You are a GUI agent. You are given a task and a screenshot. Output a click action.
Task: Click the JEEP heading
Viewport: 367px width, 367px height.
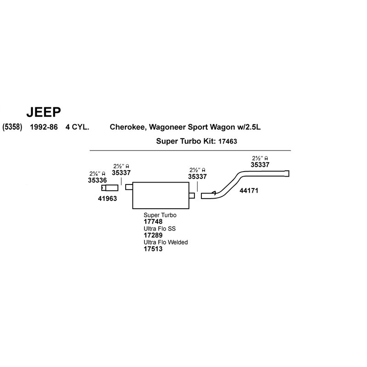pyautogui.click(x=44, y=112)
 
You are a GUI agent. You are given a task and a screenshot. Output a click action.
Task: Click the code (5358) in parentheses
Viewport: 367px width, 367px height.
pyautogui.click(x=12, y=127)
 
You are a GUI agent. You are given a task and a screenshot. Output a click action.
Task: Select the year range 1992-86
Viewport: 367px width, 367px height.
pyautogui.click(x=44, y=127)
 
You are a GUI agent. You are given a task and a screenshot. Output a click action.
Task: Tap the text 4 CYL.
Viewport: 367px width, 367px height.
pyautogui.click(x=77, y=127)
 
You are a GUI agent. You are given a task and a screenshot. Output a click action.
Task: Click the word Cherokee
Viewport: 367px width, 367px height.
pyautogui.click(x=128, y=127)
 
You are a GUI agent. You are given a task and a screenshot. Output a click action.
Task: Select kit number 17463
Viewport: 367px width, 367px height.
pyautogui.click(x=228, y=141)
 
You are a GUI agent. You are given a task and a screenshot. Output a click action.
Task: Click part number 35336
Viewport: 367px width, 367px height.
pyautogui.click(x=97, y=180)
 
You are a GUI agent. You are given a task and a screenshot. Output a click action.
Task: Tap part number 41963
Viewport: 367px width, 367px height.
pyautogui.click(x=107, y=199)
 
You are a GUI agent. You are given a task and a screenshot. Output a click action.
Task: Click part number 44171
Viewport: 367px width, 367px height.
pyautogui.click(x=249, y=191)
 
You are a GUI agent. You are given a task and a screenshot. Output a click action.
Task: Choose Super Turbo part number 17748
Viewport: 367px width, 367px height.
pyautogui.click(x=153, y=222)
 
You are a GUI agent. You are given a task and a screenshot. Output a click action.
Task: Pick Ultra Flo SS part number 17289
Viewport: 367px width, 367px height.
pyautogui.click(x=153, y=235)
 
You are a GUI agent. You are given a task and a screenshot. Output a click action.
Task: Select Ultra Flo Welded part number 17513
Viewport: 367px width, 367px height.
pyautogui.click(x=153, y=249)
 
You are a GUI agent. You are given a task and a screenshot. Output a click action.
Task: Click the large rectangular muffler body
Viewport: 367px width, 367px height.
pyautogui.click(x=161, y=195)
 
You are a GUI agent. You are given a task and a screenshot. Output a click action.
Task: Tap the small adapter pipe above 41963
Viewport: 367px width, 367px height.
pyautogui.click(x=110, y=188)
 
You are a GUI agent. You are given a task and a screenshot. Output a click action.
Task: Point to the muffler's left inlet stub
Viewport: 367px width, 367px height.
pyautogui.click(x=129, y=187)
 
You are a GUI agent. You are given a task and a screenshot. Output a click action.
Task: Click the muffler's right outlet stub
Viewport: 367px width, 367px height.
pyautogui.click(x=192, y=195)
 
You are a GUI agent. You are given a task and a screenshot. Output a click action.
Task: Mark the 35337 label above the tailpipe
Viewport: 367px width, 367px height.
pyautogui.click(x=260, y=165)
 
